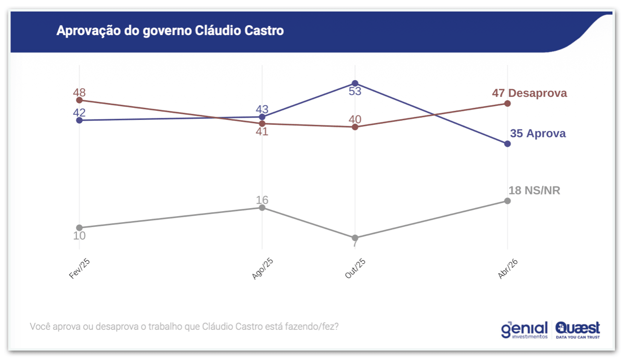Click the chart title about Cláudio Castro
[170, 31]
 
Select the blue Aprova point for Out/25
[355, 83]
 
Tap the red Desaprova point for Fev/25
[79, 100]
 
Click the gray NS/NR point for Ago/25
[262, 207]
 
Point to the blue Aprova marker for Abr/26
[507, 144]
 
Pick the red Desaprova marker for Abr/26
[507, 103]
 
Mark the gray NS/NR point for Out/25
[355, 238]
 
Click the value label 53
[355, 91]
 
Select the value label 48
[79, 93]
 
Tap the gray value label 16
[262, 200]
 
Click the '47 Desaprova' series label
[530, 93]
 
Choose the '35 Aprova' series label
[538, 133]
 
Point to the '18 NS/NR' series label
[534, 191]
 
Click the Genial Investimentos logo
[524, 330]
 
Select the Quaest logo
[577, 330]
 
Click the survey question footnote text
[184, 326]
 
